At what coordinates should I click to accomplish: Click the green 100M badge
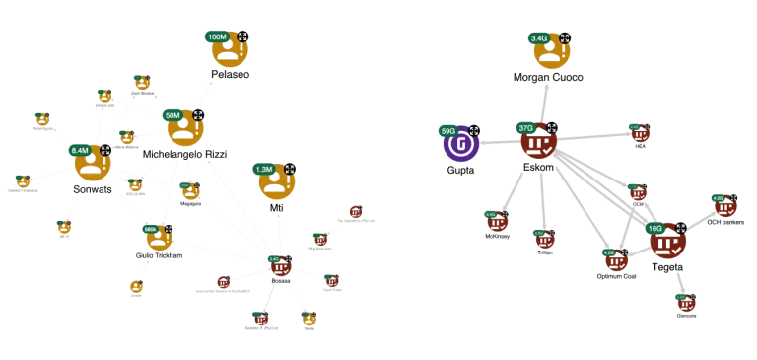[x=218, y=36]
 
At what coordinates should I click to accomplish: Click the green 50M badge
[x=172, y=115]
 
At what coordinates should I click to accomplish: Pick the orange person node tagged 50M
[x=184, y=129]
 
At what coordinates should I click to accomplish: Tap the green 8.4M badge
[x=80, y=150]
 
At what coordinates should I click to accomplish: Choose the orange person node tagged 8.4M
[x=94, y=163]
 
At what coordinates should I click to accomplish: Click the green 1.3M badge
[x=263, y=169]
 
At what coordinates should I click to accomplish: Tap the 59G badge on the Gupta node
[x=448, y=130]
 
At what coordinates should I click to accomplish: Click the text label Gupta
[x=459, y=170]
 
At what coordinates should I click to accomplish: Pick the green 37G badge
[x=525, y=128]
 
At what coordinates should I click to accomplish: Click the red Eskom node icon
[x=539, y=144]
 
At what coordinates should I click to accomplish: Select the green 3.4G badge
[x=539, y=38]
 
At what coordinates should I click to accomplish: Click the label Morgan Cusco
[x=548, y=76]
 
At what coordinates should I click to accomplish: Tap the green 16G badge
[x=655, y=228]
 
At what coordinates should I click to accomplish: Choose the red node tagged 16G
[x=667, y=242]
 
